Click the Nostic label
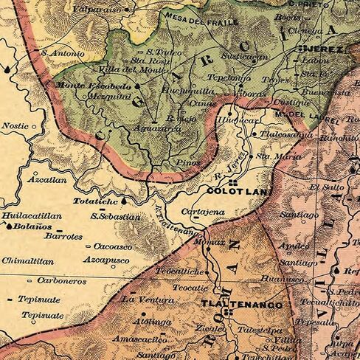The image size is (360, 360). point(15,126)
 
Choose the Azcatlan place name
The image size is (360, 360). point(46,179)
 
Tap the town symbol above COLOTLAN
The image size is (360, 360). point(233,181)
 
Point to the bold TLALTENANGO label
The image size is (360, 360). point(233,303)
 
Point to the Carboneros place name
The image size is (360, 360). point(62,281)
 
